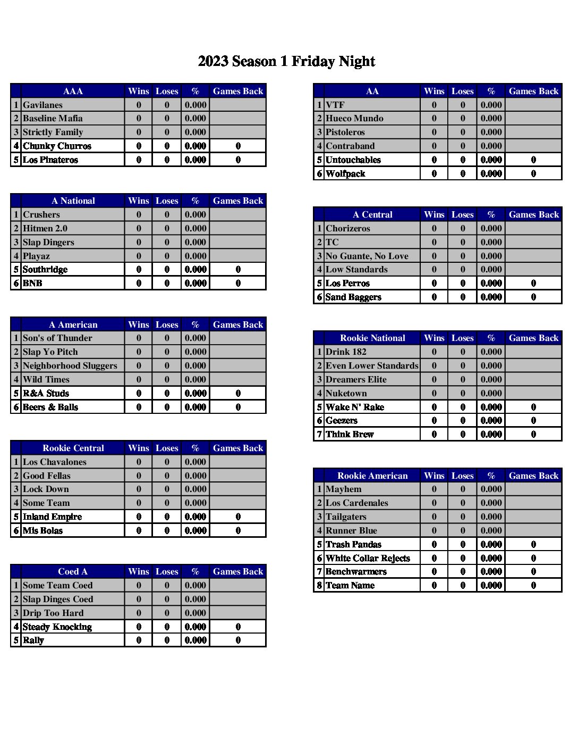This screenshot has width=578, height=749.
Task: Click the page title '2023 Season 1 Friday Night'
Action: click(x=286, y=62)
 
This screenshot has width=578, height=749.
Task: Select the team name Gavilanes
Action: click(x=42, y=105)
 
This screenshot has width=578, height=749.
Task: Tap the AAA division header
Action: click(x=73, y=91)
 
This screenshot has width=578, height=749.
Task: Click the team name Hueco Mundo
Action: click(x=354, y=119)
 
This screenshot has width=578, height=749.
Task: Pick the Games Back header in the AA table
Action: click(x=533, y=91)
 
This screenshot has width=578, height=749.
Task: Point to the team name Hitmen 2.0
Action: click(x=45, y=229)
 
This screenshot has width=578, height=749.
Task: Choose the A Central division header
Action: click(x=372, y=215)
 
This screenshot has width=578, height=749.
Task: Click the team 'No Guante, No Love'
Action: click(x=367, y=256)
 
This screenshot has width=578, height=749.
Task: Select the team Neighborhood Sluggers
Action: click(x=70, y=366)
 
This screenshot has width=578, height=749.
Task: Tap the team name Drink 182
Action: click(x=346, y=352)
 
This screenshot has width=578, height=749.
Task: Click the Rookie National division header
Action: click(x=372, y=338)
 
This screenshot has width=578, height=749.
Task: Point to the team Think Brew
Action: click(x=350, y=435)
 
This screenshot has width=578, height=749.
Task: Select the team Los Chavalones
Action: click(x=54, y=462)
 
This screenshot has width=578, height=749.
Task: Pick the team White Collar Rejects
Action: click(x=368, y=559)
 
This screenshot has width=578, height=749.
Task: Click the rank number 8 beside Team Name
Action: click(x=319, y=586)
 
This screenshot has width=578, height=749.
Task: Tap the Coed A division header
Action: click(x=73, y=572)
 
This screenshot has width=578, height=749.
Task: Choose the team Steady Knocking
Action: click(x=57, y=627)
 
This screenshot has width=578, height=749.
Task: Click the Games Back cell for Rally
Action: click(x=238, y=640)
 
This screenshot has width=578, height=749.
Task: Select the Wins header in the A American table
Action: click(x=139, y=325)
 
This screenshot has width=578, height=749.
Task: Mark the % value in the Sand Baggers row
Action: click(x=491, y=297)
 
